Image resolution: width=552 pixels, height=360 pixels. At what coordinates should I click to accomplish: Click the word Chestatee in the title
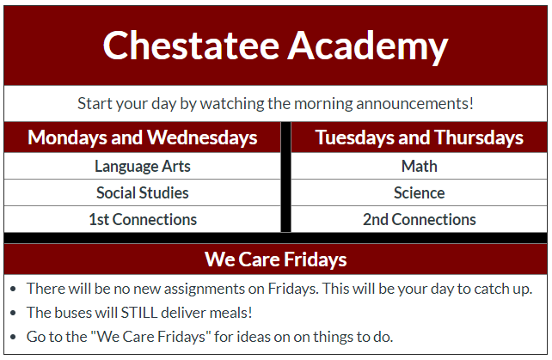pos(191,46)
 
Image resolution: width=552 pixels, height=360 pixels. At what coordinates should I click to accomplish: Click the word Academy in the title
pos(368,47)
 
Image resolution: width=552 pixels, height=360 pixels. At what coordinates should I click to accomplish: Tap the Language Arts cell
pos(143,167)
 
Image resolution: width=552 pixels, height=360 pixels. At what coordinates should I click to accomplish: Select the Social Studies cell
pos(143,192)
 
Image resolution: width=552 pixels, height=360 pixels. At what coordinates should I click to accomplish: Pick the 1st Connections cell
pos(143,219)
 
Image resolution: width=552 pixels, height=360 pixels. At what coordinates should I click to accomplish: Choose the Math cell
pos(420,166)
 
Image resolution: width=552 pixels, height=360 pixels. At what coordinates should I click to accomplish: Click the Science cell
pos(420,192)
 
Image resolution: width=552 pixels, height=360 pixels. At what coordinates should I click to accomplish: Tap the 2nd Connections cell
pos(420,219)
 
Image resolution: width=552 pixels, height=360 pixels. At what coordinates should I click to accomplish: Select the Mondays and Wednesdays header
pos(143,137)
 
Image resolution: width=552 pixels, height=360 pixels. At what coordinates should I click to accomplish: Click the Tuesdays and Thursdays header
pos(420,137)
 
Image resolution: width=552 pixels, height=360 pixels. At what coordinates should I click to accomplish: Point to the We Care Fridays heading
pos(276,259)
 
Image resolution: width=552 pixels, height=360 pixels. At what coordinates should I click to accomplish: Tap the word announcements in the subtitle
pos(414,103)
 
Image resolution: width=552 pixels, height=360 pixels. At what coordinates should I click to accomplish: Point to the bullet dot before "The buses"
pos(14,313)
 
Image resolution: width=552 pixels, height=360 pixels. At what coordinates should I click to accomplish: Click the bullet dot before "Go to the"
pos(14,337)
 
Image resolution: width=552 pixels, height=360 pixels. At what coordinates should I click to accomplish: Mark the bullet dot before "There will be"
pos(14,289)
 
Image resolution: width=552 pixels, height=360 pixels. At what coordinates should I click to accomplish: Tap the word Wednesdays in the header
pos(202,137)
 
